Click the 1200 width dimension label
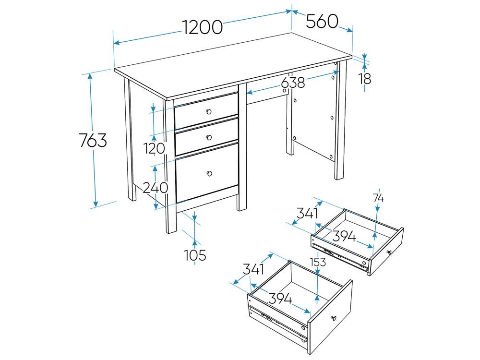coord(203,27)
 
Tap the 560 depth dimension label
coord(322,21)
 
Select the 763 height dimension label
coord(93,140)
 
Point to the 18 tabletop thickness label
coord(365,79)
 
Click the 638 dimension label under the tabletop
coord(293,82)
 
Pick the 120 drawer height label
coord(155,148)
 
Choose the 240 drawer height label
coord(156,187)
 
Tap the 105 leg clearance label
coord(195,255)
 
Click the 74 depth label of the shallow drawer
coord(378,198)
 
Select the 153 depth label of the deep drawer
coord(318,262)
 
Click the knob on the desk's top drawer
coord(209,111)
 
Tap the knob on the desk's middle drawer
coord(209,137)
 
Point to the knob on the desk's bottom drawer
coord(210,174)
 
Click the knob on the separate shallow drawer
coord(389,252)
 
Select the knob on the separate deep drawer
coord(334,318)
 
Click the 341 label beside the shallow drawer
coord(307,213)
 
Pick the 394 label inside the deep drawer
coord(280,298)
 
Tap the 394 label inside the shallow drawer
coord(344,236)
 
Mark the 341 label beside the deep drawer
coord(254,269)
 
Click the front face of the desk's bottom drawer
coord(207,175)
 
